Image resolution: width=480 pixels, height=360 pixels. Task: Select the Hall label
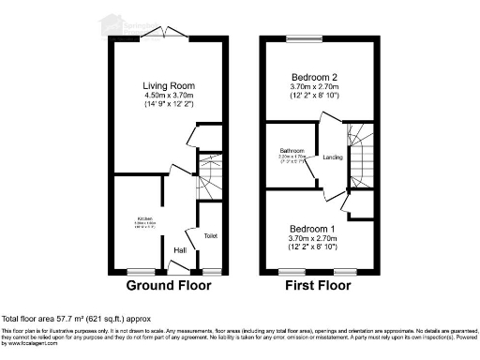[180, 249]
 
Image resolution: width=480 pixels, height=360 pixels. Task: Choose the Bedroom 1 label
[303, 230]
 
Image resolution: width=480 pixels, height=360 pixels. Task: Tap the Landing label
[332, 157]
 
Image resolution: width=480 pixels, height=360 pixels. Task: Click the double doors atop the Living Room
[165, 36]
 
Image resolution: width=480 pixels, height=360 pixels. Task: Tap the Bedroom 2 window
[303, 39]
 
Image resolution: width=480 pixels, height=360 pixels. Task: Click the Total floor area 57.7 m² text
[76, 320]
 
